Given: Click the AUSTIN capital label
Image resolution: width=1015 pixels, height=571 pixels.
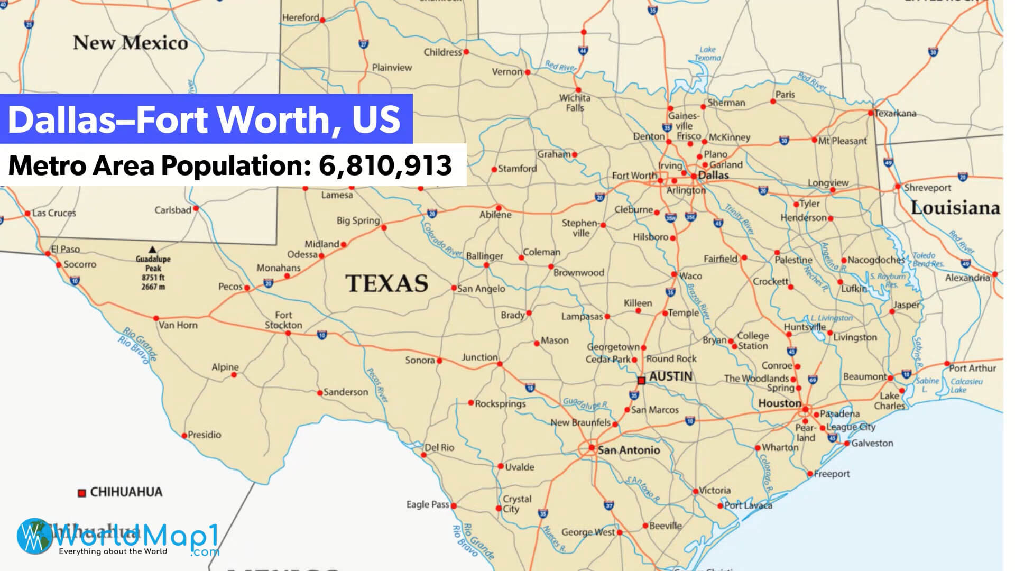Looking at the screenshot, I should pos(670,376).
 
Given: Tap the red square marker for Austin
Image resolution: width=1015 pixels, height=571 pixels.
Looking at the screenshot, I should pos(641,380).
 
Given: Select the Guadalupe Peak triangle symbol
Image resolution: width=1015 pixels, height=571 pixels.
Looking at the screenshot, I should pos(152,250).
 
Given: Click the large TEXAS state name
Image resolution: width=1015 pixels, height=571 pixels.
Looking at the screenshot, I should pos(386,283).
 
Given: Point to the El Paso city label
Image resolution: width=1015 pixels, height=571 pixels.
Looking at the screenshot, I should pos(66,249).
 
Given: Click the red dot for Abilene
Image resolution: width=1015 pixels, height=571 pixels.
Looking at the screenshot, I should pos(498,208).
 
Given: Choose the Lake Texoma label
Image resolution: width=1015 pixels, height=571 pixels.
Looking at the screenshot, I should pos(707,53).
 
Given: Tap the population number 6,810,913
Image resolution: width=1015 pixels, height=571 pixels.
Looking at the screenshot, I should pos(385,165).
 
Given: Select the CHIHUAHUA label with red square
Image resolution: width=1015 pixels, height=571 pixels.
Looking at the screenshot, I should pos(126,492).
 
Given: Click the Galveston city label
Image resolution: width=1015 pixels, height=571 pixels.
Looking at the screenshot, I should pos(872,443).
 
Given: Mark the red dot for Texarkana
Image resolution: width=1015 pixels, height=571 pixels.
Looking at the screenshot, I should pos(871,113).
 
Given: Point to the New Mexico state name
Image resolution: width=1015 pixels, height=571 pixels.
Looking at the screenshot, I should pos(130,43).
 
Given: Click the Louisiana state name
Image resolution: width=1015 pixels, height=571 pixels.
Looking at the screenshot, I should pos(955,208).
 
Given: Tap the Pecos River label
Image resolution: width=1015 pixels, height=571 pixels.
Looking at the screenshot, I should pos(377,385).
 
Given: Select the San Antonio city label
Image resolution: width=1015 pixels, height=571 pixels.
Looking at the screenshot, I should pos(629,450).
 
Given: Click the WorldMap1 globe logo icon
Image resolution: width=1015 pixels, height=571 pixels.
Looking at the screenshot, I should pos(33,536).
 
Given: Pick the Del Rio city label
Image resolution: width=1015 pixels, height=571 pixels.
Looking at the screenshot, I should pos(439,447).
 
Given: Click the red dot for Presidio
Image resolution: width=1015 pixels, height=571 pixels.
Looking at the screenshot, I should pos(184,436).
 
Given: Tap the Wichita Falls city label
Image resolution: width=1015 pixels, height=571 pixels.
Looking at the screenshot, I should pos(575,103).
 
